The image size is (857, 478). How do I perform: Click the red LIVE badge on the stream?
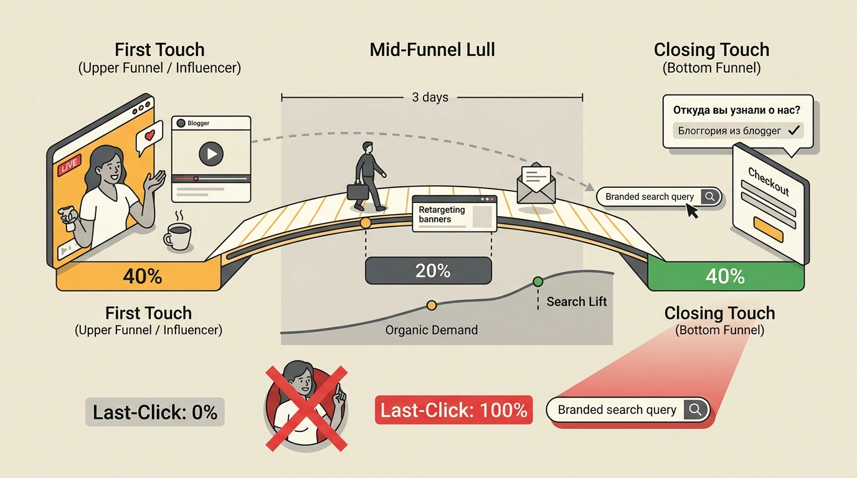[x=69, y=165]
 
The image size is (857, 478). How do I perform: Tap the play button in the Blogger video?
[x=211, y=154]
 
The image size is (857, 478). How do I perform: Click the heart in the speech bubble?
[x=149, y=134]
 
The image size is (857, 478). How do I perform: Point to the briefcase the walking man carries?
[x=357, y=191]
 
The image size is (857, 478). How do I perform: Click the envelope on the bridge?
[x=536, y=184]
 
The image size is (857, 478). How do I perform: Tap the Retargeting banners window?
[x=455, y=213]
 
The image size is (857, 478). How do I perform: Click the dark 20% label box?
[x=429, y=271]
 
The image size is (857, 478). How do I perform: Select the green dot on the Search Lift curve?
[x=538, y=282]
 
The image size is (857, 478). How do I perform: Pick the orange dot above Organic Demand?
[x=432, y=305]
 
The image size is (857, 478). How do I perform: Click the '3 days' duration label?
[x=430, y=97]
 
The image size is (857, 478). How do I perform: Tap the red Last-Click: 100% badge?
[x=454, y=410]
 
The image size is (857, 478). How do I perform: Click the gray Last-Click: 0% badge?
[x=155, y=412]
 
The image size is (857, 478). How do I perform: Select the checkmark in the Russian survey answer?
[x=794, y=131]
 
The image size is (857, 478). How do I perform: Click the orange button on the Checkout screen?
[x=768, y=228]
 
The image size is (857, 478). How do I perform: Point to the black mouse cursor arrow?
[x=692, y=211]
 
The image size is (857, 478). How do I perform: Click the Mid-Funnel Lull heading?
[x=432, y=50]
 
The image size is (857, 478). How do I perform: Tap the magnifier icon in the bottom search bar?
[x=696, y=410]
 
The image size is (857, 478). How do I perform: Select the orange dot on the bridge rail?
[x=366, y=223]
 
